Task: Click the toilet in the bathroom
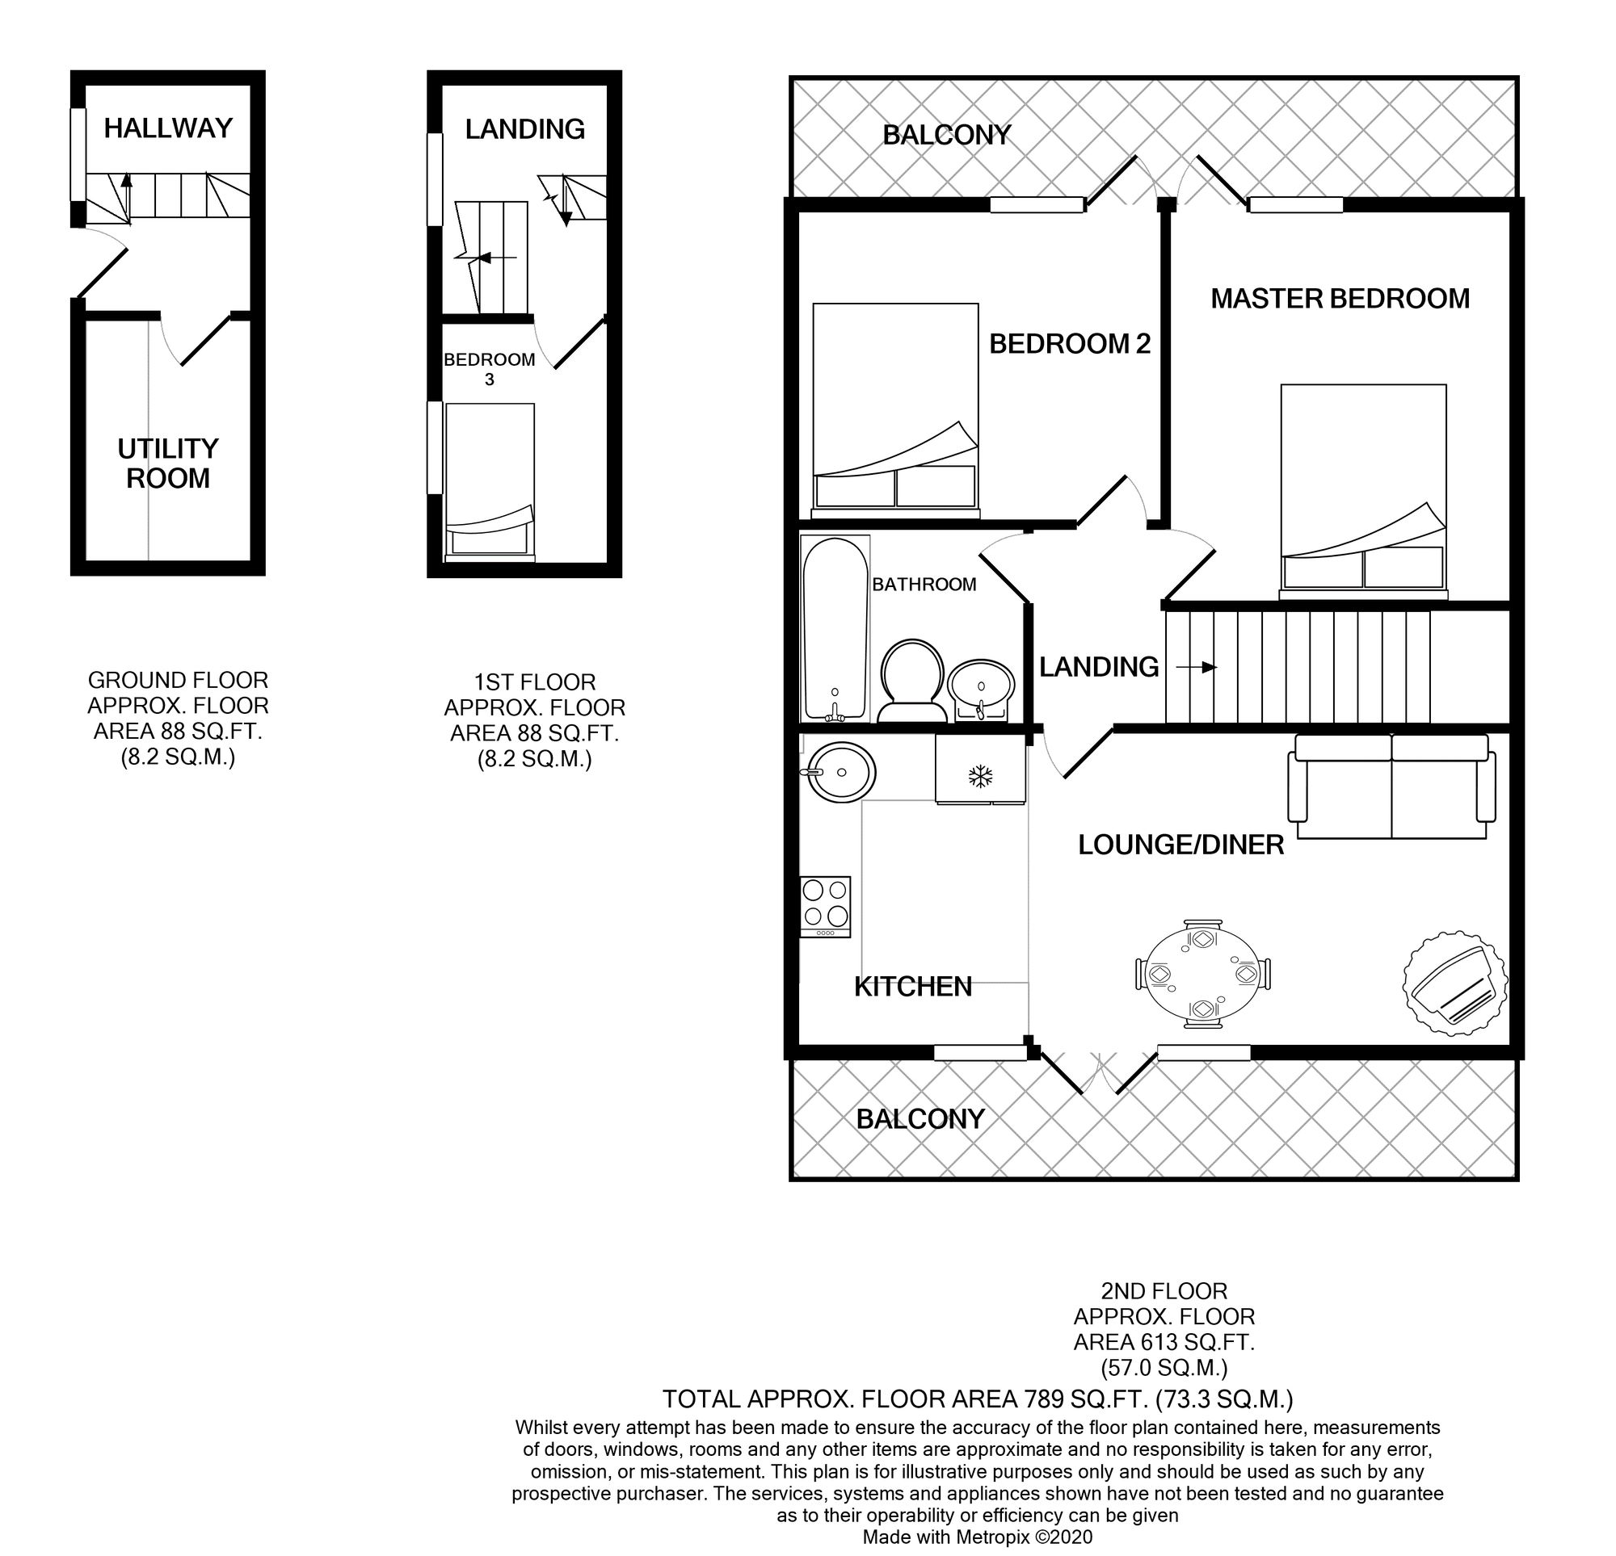pyautogui.click(x=912, y=682)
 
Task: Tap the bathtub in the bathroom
pyautogui.click(x=835, y=629)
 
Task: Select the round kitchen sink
pyautogui.click(x=840, y=772)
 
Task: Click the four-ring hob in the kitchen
pyautogui.click(x=825, y=907)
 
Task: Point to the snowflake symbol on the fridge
pyautogui.click(x=979, y=775)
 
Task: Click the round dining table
pyautogui.click(x=1203, y=974)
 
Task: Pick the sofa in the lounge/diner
pyautogui.click(x=1391, y=786)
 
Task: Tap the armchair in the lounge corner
pyautogui.click(x=1456, y=983)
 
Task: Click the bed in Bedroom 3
pyautogui.click(x=490, y=482)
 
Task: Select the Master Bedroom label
pyautogui.click(x=1340, y=298)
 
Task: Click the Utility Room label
pyautogui.click(x=168, y=463)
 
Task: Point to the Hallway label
pyautogui.click(x=168, y=128)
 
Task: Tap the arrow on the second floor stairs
pyautogui.click(x=1197, y=667)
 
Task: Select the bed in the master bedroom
pyautogui.click(x=1363, y=491)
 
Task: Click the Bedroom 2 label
pyautogui.click(x=1069, y=344)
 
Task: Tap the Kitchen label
pyautogui.click(x=913, y=987)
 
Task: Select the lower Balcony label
pyautogui.click(x=920, y=1118)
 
